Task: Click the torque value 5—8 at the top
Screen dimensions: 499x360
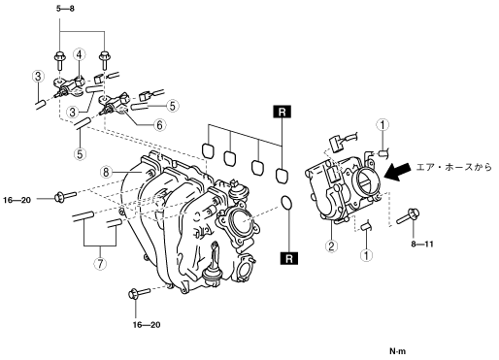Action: [65, 9]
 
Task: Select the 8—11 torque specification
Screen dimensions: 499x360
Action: [422, 244]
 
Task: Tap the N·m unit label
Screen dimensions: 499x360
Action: [397, 351]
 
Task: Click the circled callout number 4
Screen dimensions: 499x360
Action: [79, 55]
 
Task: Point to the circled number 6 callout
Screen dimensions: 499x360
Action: [159, 125]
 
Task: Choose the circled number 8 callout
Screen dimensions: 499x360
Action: [106, 173]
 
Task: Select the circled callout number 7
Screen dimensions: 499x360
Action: [100, 264]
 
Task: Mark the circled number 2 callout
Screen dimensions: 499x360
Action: [331, 246]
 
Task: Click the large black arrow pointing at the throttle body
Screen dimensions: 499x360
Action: [397, 171]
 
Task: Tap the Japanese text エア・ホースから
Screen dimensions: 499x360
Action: [453, 167]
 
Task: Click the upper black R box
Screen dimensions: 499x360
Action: [283, 112]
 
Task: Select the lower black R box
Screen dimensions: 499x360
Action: [289, 258]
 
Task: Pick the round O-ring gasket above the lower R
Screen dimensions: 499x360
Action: [286, 203]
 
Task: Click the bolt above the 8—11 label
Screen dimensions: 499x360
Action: [407, 216]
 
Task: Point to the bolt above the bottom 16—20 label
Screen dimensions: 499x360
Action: [139, 293]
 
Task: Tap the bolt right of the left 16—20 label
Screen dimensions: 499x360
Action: [65, 196]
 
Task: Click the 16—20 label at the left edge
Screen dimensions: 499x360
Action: [17, 200]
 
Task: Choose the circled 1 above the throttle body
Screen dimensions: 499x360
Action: [383, 125]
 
